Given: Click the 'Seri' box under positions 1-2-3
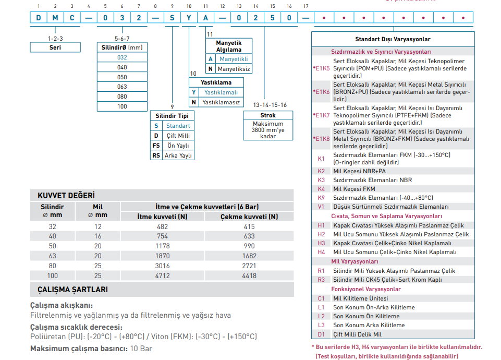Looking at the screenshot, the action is [x=55, y=47].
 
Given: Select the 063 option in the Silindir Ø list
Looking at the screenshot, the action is [x=122, y=87].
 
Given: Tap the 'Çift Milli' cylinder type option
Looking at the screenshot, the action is [x=178, y=136].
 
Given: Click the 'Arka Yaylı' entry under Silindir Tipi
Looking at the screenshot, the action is [x=178, y=155].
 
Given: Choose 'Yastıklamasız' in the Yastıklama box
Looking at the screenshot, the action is [x=221, y=102].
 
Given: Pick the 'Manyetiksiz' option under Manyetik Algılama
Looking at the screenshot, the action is [x=234, y=69].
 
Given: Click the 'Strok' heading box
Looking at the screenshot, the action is [x=268, y=115].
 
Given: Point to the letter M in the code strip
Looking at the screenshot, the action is [x=55, y=18].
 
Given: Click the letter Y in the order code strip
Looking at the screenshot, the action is [x=189, y=18].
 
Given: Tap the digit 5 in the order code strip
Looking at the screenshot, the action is [x=272, y=18].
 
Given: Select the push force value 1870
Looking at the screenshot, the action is [x=162, y=256].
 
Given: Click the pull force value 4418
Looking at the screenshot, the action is [x=249, y=275].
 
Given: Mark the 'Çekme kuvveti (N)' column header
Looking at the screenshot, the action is [x=249, y=217].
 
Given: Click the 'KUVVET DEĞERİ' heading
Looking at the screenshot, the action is [x=66, y=195].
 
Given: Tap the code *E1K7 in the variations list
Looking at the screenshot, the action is [x=321, y=115].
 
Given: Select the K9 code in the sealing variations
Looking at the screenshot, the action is [x=321, y=198].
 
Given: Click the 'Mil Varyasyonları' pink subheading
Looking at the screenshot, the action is [x=355, y=261].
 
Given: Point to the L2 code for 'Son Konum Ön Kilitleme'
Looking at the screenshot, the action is [x=321, y=316].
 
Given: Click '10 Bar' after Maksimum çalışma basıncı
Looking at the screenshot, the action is [x=141, y=349].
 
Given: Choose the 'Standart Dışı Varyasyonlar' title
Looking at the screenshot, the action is [x=393, y=39].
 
